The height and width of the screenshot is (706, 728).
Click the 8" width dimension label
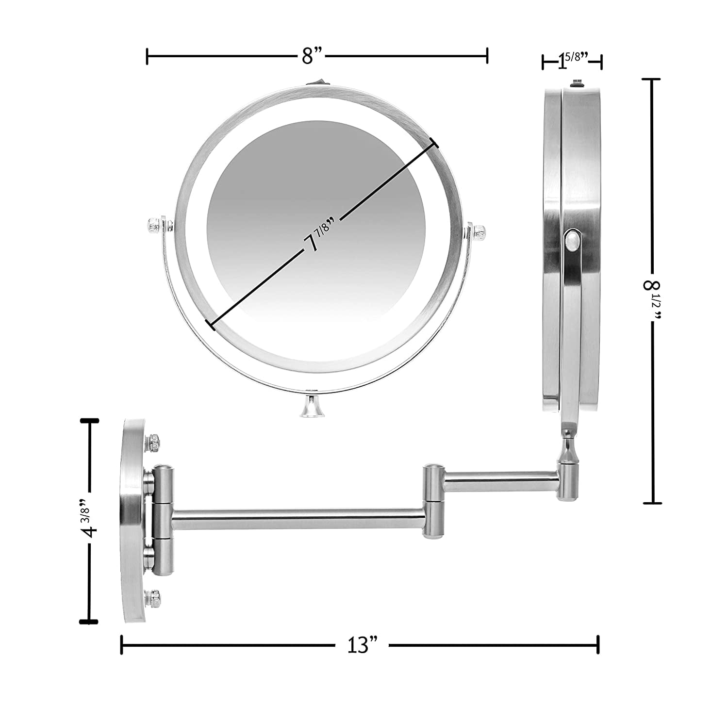tap(313, 56)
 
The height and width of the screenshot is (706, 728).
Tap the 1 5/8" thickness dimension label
tap(573, 61)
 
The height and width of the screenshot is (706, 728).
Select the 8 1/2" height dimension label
tap(653, 300)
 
